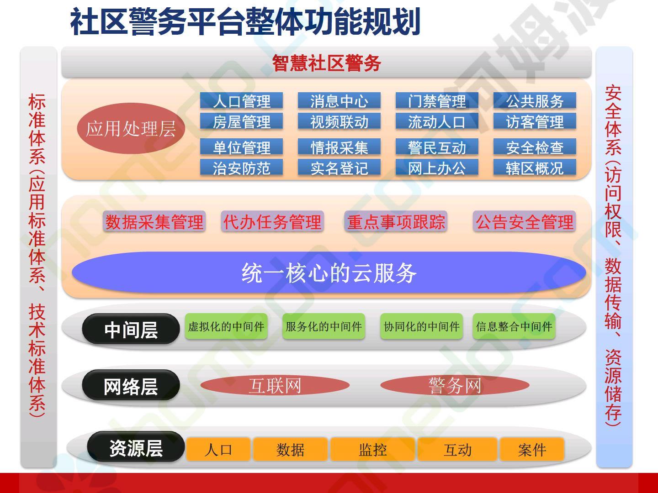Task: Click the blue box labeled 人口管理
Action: click(241, 100)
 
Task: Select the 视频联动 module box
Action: click(339, 121)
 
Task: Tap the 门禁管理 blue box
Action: click(437, 100)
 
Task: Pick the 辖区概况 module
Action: click(535, 167)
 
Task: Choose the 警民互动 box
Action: click(437, 147)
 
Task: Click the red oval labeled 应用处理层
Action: click(131, 128)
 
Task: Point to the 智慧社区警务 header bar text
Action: click(326, 63)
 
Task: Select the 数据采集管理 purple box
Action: click(154, 221)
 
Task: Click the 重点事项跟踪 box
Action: click(396, 221)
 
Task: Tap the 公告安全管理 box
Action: click(524, 221)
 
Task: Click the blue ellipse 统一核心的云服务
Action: click(329, 273)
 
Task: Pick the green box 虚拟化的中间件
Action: click(226, 326)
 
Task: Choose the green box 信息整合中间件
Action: click(514, 326)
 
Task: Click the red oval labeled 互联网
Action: click(275, 385)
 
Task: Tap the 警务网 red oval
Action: click(455, 385)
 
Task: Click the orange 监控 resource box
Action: click(372, 449)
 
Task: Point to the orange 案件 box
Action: click(532, 449)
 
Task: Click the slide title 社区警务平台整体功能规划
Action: click(245, 21)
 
